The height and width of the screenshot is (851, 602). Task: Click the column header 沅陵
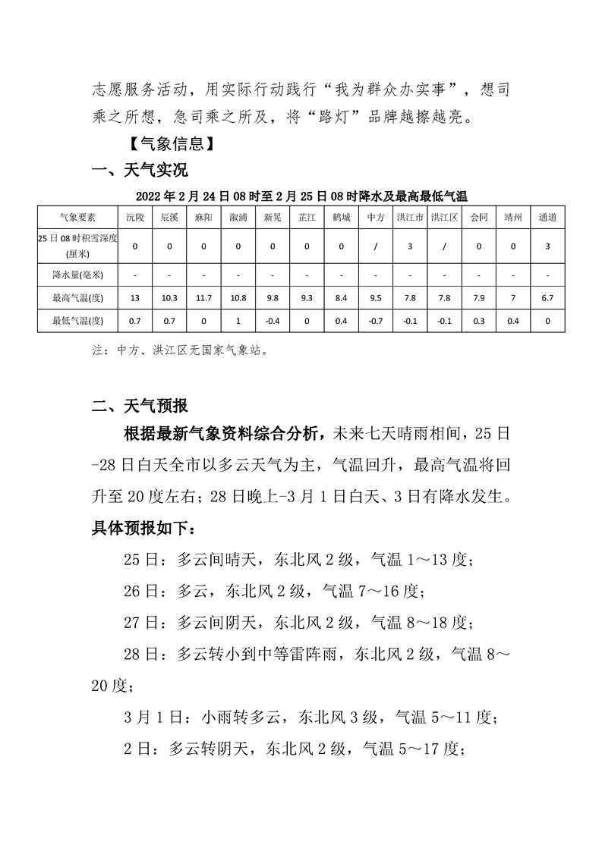tap(134, 217)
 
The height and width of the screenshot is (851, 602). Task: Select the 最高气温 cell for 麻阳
tap(203, 298)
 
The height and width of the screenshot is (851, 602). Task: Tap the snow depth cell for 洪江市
tap(410, 246)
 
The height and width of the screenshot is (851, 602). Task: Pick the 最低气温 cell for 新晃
tap(272, 321)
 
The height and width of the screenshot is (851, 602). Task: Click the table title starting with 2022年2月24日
tap(301, 196)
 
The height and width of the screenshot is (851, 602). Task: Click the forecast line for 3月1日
tap(310, 716)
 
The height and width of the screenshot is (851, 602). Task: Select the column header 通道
tap(547, 217)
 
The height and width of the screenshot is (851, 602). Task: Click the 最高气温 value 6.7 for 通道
tap(547, 298)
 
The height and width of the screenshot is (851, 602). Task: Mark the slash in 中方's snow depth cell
tap(375, 246)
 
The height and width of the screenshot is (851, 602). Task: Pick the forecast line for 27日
tap(298, 622)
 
